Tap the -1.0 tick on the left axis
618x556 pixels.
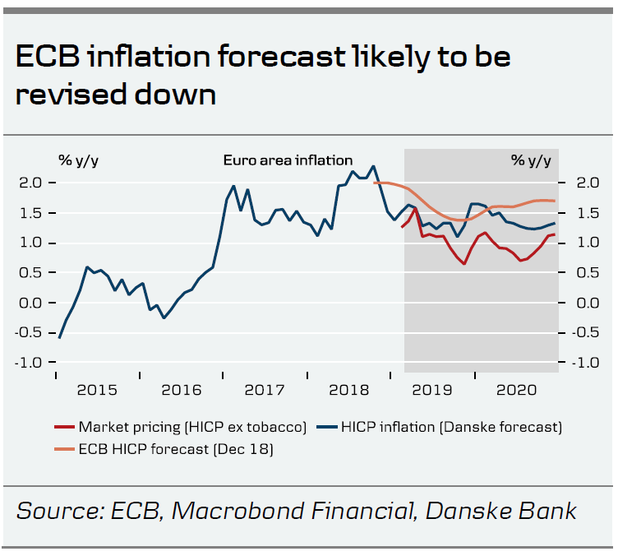(30, 363)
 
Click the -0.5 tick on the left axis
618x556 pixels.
(30, 332)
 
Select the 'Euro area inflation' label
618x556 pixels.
(288, 160)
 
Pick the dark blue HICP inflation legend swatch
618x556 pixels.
(328, 427)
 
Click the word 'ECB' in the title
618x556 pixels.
(47, 58)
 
